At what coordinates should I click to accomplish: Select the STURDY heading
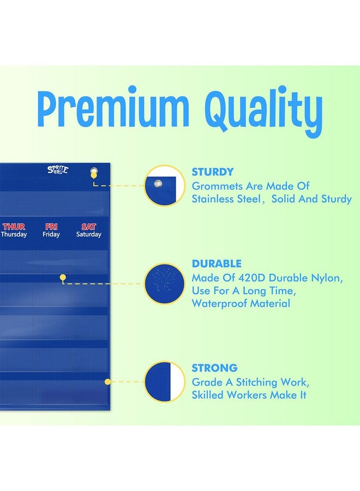click(x=213, y=172)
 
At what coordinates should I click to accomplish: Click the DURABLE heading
click(x=217, y=264)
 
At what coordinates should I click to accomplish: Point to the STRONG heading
click(x=215, y=368)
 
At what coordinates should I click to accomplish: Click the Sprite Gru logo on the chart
click(x=58, y=170)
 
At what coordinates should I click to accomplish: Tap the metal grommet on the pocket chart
click(x=94, y=171)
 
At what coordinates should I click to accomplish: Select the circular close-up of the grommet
click(x=164, y=185)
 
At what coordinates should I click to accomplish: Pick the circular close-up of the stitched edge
click(x=164, y=382)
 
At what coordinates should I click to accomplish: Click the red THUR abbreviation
click(x=14, y=226)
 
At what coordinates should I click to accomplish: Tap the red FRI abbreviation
click(x=51, y=226)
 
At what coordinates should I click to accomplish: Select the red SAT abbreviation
click(x=88, y=226)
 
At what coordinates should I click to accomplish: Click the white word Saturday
click(x=88, y=234)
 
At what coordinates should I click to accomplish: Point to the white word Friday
click(x=51, y=234)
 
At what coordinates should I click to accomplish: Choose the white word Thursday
click(x=14, y=234)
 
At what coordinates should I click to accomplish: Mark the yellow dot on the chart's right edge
click(x=107, y=382)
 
